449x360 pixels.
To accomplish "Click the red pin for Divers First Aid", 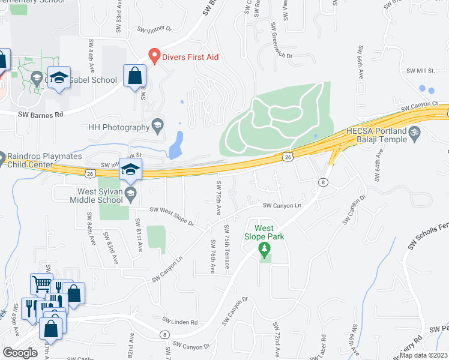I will (154, 56).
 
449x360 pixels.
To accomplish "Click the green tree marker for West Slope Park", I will (263, 249).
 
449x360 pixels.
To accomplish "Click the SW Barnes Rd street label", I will (40, 114).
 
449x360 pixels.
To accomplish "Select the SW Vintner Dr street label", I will (154, 29).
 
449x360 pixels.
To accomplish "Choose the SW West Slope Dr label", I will (172, 217).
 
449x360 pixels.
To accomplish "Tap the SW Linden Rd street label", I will (180, 323).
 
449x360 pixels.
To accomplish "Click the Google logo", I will (20, 352).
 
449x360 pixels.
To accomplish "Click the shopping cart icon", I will (41, 284).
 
